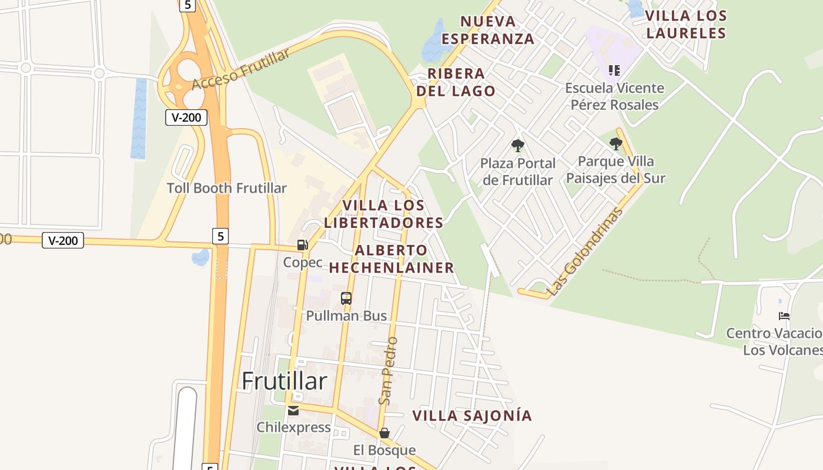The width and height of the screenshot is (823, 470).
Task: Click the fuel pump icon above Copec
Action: [x=302, y=245]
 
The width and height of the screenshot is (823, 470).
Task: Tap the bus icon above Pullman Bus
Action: [x=346, y=298]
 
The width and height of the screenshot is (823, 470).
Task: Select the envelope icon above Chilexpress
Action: [x=293, y=410]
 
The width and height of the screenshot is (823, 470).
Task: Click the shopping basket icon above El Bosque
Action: [x=384, y=433]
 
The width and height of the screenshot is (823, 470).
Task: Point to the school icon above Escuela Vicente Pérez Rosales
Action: [x=614, y=71]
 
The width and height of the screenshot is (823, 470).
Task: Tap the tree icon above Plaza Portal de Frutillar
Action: [x=517, y=145]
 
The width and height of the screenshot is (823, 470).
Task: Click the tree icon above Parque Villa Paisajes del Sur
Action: [x=615, y=143]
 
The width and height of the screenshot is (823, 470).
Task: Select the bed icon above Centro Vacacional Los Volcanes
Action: [x=784, y=316]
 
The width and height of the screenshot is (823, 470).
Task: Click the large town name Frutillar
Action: [x=285, y=381]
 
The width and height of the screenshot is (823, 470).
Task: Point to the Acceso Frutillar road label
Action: [x=241, y=69]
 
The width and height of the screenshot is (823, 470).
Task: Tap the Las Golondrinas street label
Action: [x=584, y=251]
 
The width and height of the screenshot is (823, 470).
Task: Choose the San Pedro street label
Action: [x=389, y=371]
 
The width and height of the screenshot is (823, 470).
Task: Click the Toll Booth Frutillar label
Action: [x=226, y=188]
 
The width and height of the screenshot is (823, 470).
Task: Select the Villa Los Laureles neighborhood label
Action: [x=686, y=24]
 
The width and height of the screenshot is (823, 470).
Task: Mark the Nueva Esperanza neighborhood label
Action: [x=488, y=30]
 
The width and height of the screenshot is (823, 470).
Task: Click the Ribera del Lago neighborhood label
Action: [x=456, y=82]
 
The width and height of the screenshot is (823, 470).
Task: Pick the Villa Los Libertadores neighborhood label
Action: [x=383, y=214]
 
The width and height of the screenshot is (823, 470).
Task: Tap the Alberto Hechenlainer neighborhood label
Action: [x=392, y=258]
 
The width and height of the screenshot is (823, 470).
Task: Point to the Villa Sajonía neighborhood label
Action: [x=472, y=415]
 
